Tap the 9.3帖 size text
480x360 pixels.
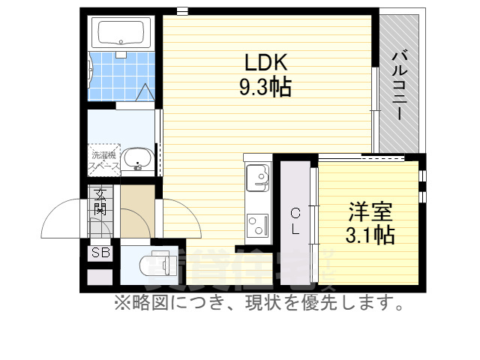click(265, 88)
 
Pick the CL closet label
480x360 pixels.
click(295, 220)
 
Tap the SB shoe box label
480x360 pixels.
click(100, 253)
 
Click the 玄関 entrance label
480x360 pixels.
click(100, 201)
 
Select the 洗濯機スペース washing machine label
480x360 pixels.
click(103, 158)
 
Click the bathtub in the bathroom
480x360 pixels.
click(121, 34)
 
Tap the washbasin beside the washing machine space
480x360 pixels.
click(137, 159)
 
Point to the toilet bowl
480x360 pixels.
click(154, 264)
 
